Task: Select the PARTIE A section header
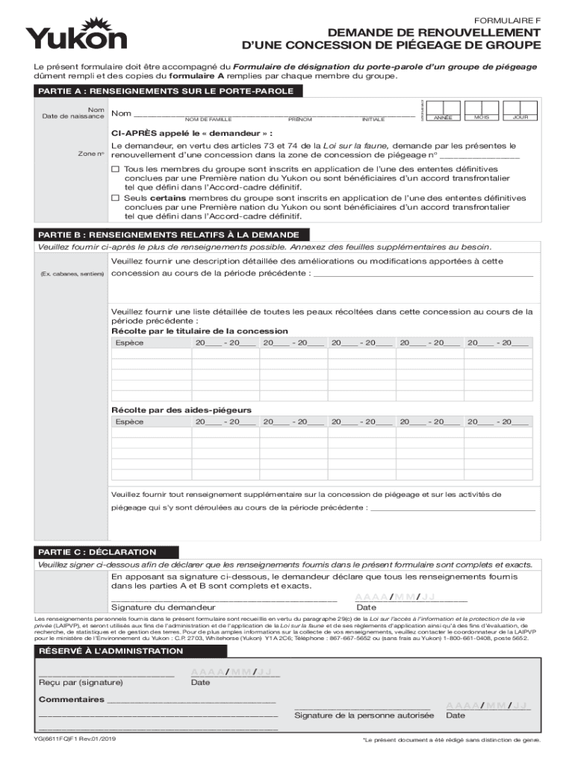[x=167, y=91]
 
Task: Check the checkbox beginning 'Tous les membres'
[x=116, y=170]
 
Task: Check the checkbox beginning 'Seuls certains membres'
[x=116, y=198]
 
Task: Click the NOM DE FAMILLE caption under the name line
[x=208, y=119]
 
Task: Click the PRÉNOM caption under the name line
[x=300, y=119]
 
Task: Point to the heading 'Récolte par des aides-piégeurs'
[x=181, y=410]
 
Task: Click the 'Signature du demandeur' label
[x=158, y=607]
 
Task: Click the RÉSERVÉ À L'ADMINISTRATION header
[x=111, y=651]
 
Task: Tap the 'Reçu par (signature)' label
[x=81, y=682]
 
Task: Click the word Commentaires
[x=72, y=700]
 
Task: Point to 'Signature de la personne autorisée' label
[x=364, y=716]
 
